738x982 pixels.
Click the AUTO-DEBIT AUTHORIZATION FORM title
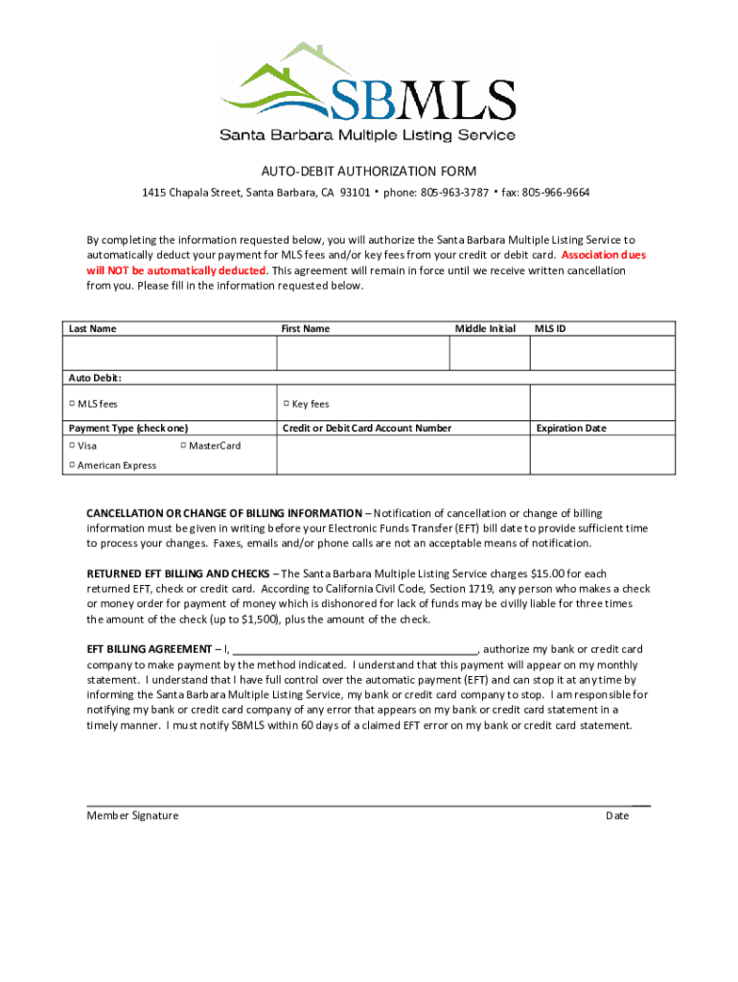pos(368,172)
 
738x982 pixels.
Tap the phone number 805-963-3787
pos(454,193)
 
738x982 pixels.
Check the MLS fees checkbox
pos(72,404)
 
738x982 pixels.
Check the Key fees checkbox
pos(287,404)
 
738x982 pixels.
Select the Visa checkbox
pos(72,446)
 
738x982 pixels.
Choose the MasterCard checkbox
pos(183,446)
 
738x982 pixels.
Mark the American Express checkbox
pos(72,465)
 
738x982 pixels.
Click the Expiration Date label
pos(571,428)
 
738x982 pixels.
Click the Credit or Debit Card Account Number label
pos(366,428)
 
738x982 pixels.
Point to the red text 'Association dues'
pos(604,255)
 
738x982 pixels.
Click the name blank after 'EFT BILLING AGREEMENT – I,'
pos(355,650)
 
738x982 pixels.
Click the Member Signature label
pos(132,815)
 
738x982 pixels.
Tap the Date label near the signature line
pos(617,815)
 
